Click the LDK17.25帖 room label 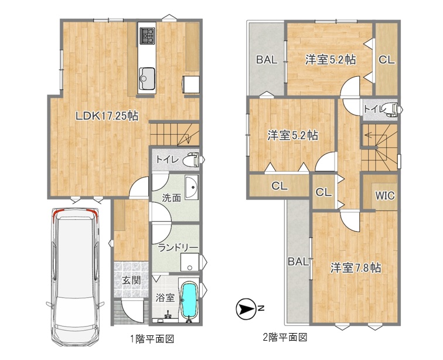pyautogui.click(x=107, y=116)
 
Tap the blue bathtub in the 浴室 pyautogui.click(x=189, y=300)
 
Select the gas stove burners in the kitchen pyautogui.click(x=147, y=36)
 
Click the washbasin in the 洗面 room pyautogui.click(x=192, y=187)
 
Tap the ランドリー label pyautogui.click(x=178, y=248)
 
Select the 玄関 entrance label pyautogui.click(x=131, y=280)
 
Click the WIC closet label pyautogui.click(x=385, y=195)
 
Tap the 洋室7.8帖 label pyautogui.click(x=356, y=268)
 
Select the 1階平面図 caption pyautogui.click(x=152, y=338)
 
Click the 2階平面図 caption pyautogui.click(x=285, y=337)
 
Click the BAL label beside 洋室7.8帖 pyautogui.click(x=298, y=261)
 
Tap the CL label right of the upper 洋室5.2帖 pyautogui.click(x=387, y=60)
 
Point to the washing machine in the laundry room pyautogui.click(x=190, y=263)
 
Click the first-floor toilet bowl pyautogui.click(x=190, y=160)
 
